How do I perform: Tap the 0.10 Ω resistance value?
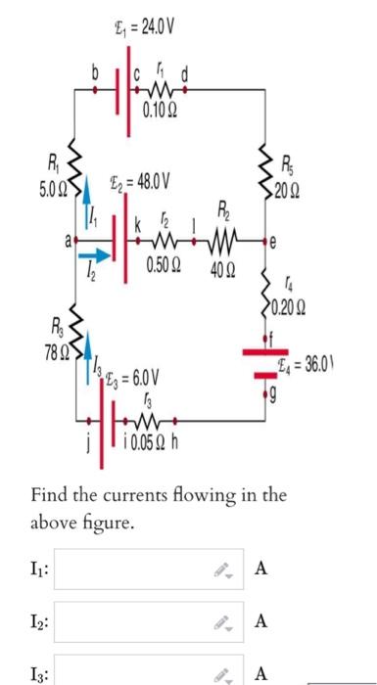tap(157, 108)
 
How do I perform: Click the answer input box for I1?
tap(147, 569)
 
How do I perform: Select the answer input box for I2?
tap(147, 620)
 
